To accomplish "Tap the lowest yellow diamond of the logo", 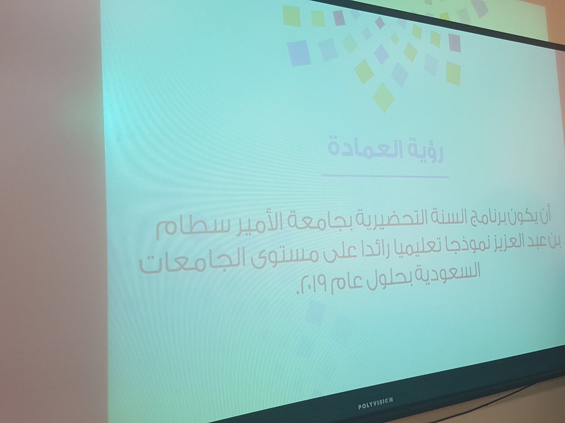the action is click(x=384, y=97).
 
